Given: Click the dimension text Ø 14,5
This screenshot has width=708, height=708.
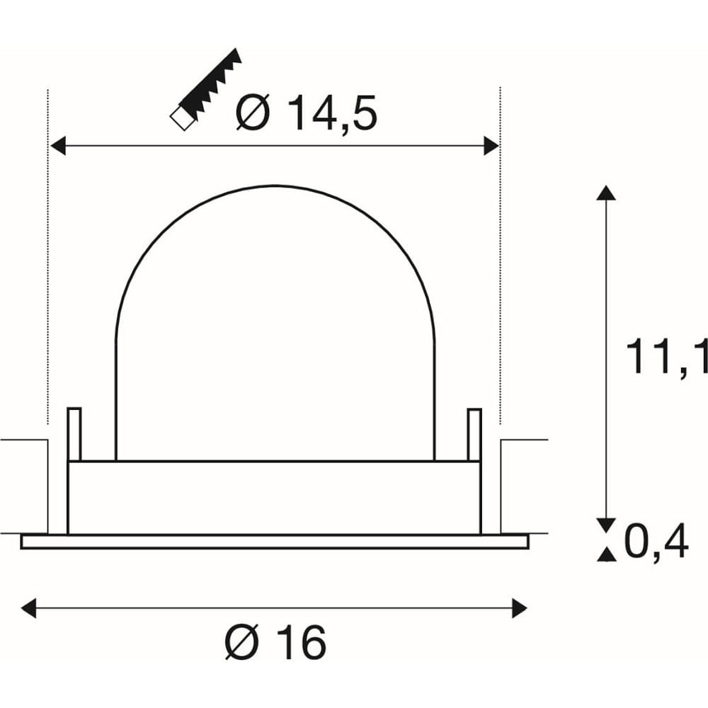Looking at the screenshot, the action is coord(306,113).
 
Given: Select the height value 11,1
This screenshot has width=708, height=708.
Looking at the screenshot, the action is coord(666,358).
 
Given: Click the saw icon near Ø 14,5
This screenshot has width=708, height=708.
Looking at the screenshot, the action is coord(205,89).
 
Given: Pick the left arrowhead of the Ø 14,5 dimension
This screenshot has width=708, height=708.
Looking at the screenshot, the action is coord(58,146).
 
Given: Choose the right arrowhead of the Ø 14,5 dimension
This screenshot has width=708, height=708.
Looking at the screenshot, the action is coord(491,146).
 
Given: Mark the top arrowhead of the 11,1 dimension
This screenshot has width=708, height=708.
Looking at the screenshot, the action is coord(606,193).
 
